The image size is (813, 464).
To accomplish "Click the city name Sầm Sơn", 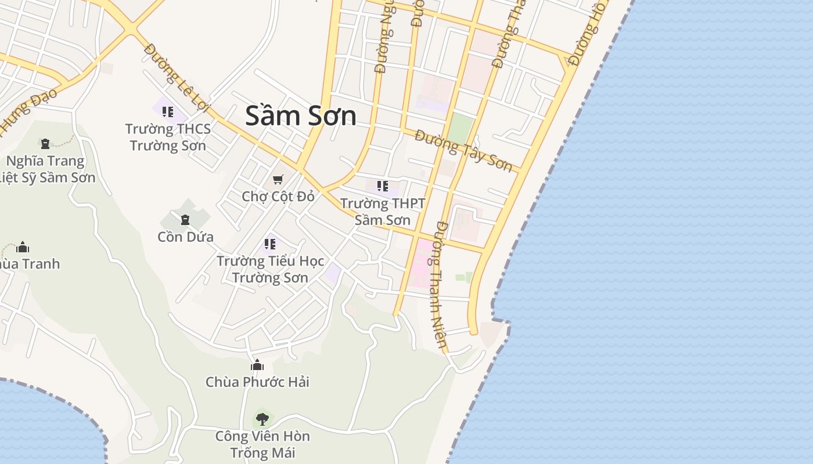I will [x=300, y=115].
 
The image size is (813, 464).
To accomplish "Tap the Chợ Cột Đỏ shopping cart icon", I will [x=278, y=179].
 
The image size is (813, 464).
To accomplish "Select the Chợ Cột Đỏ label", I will [x=278, y=196].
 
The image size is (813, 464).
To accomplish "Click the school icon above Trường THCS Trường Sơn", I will [x=168, y=111].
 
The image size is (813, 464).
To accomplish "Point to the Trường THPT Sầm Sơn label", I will [x=383, y=212].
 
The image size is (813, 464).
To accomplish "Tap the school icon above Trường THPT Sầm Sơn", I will [x=383, y=186].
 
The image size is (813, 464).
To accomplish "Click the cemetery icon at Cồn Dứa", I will [x=185, y=220].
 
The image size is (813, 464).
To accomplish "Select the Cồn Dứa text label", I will [x=185, y=237].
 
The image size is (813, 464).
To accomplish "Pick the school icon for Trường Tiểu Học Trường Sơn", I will [x=270, y=244].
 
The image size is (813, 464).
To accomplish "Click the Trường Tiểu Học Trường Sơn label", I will [x=270, y=269].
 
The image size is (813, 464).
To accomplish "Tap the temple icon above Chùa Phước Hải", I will [x=257, y=365].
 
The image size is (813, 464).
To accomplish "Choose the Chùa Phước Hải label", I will [x=257, y=382].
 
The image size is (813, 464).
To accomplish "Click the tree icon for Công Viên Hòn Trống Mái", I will [x=262, y=419].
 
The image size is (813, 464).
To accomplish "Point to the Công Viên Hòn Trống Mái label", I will [x=262, y=444].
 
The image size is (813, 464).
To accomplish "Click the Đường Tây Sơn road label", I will [x=464, y=151].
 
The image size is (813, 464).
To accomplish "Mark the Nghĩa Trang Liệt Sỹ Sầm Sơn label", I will [x=46, y=169].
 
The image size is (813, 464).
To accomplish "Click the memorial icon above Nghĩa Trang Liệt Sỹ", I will [x=45, y=143].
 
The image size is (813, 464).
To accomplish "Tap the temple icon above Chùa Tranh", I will [x=23, y=247].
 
